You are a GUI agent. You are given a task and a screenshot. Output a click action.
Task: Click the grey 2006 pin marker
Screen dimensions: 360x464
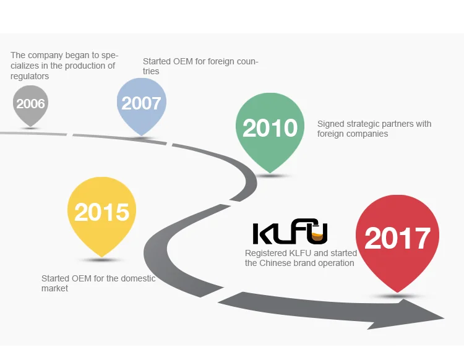pos(30,103)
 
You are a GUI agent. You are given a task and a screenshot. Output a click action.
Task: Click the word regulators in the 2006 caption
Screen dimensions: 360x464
pos(30,76)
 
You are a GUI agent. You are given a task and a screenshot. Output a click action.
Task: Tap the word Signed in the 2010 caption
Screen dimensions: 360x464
pos(330,124)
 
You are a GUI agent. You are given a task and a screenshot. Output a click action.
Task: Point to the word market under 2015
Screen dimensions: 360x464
pos(54,288)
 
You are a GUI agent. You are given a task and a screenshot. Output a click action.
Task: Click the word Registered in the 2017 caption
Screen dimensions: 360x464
pos(265,253)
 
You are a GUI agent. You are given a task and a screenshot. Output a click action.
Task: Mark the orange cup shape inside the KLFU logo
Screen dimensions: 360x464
pos(318,234)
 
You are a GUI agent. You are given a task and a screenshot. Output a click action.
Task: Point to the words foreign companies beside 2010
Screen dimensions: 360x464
pos(353,134)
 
